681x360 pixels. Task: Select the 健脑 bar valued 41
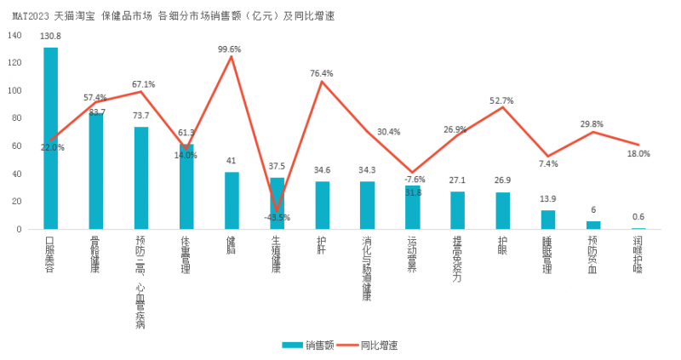point(232,201)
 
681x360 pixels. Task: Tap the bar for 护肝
point(323,205)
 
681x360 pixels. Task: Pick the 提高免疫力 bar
point(458,210)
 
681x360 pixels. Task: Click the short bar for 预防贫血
point(593,225)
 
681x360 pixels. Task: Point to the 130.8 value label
point(51,36)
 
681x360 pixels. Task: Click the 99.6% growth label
point(230,49)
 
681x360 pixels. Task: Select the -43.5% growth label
point(276,217)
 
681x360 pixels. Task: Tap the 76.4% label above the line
point(322,73)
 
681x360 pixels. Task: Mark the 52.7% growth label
point(502,100)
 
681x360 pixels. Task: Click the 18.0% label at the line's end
point(638,154)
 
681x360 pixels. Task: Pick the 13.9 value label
point(548,198)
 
